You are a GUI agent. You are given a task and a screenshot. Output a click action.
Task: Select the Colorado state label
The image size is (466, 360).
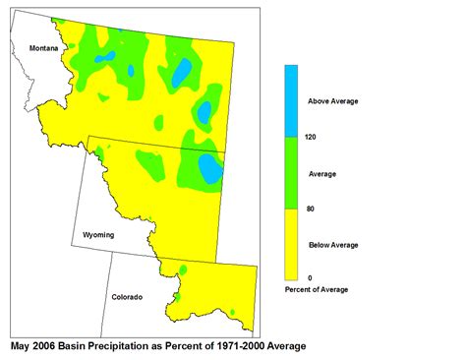(x=127, y=296)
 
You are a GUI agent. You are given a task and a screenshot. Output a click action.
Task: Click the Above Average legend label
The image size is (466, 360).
(x=332, y=101)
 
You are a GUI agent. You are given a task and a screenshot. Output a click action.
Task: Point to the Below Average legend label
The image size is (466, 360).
(x=332, y=244)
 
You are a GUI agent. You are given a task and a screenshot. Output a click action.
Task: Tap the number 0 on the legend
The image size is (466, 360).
(x=310, y=278)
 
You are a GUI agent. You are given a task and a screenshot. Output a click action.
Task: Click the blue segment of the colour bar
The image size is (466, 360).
(x=292, y=100)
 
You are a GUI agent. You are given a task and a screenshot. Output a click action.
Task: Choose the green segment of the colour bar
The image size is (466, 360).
(x=292, y=172)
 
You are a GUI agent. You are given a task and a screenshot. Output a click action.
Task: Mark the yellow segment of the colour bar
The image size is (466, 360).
(x=292, y=244)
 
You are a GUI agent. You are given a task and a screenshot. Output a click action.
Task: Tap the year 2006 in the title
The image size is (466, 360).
(x=46, y=346)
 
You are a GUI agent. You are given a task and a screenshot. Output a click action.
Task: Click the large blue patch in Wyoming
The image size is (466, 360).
(x=210, y=168)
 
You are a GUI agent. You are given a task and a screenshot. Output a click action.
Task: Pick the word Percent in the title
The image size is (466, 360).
(x=192, y=346)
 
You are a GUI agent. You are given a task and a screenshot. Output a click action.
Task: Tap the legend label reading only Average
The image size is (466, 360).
(x=322, y=173)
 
